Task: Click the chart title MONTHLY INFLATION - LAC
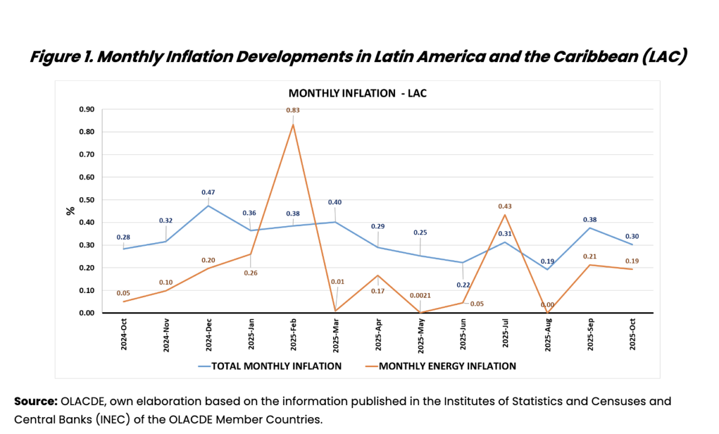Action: pos(357,93)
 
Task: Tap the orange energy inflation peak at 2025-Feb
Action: pos(293,125)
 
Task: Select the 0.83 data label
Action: pos(293,110)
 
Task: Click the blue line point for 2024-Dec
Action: pos(208,206)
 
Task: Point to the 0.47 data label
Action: pos(208,192)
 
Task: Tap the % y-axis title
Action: pos(70,211)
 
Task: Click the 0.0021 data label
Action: pos(420,295)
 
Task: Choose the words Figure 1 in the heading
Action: pos(64,58)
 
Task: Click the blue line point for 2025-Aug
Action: pos(547,269)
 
